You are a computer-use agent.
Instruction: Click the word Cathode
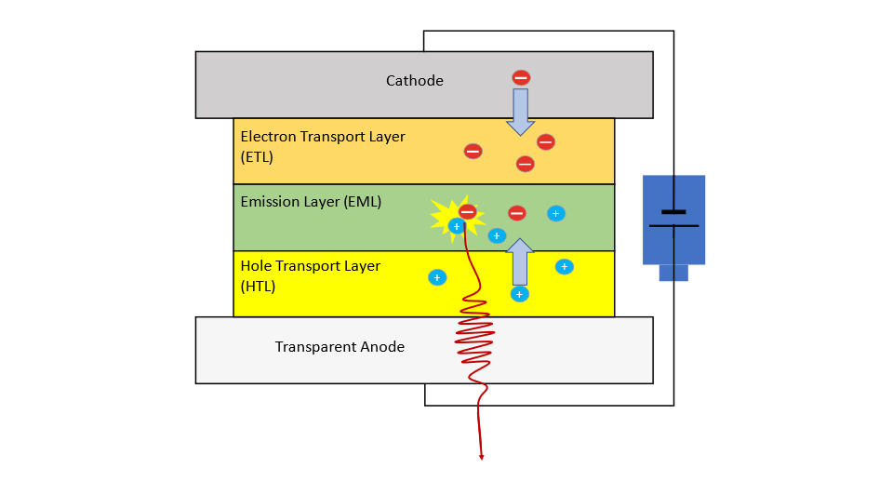click(x=415, y=81)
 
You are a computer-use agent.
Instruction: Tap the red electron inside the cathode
click(x=521, y=78)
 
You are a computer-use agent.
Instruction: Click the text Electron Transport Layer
click(x=323, y=137)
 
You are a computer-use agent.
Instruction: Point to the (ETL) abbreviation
click(x=257, y=157)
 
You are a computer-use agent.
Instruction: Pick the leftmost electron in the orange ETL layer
click(x=473, y=151)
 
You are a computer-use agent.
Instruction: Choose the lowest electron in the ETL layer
click(x=526, y=164)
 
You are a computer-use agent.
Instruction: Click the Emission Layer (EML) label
click(x=311, y=201)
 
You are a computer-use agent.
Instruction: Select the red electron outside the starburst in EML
click(x=517, y=213)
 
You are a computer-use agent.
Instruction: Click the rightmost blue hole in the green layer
click(x=555, y=213)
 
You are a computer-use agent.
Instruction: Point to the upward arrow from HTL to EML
click(x=520, y=261)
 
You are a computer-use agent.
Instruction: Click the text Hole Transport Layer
click(x=310, y=266)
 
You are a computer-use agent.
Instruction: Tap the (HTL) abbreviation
click(x=258, y=287)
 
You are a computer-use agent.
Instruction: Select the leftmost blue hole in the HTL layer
click(x=436, y=277)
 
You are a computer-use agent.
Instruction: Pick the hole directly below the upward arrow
click(x=520, y=294)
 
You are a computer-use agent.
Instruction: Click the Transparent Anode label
click(x=340, y=347)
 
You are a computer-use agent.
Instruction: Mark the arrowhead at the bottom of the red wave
click(x=482, y=456)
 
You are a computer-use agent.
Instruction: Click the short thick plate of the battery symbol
click(x=673, y=212)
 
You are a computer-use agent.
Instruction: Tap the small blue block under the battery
click(x=673, y=273)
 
